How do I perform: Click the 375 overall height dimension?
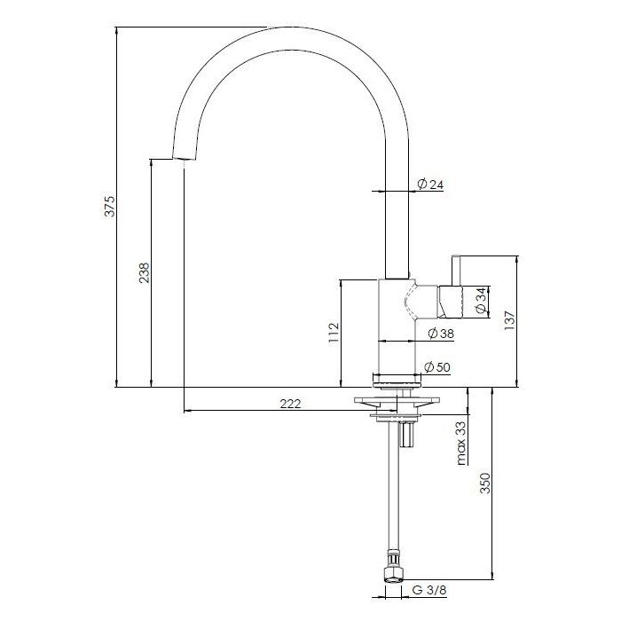point(110,206)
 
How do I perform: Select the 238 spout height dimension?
point(144,272)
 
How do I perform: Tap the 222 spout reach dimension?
point(290,404)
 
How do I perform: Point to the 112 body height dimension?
point(334,333)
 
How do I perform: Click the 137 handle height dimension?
point(509,321)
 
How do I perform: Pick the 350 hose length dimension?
point(485,483)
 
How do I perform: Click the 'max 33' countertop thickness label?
point(460,443)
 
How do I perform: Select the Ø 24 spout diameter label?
point(430,185)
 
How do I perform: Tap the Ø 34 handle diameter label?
point(481,301)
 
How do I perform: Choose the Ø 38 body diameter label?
point(441,334)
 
